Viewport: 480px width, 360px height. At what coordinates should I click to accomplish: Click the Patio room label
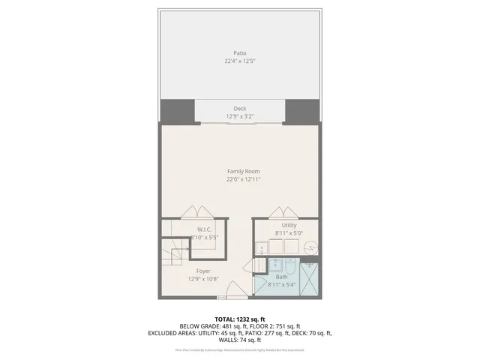coord(240,53)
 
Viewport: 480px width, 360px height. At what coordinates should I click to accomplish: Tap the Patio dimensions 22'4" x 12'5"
coord(240,61)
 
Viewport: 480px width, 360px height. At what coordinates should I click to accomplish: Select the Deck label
coord(240,109)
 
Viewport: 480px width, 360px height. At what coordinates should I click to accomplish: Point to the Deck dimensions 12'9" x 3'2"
coord(240,116)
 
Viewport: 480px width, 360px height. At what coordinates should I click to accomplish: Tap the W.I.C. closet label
coord(205,229)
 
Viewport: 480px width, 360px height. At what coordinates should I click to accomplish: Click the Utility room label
coord(289,225)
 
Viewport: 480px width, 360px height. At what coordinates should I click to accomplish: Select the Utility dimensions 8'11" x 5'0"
coord(289,233)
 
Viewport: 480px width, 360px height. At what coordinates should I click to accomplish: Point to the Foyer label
coord(203,271)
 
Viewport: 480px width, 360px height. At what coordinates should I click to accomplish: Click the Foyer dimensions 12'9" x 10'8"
coord(203,279)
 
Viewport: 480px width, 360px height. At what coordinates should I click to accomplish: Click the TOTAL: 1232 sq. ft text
coord(240,319)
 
